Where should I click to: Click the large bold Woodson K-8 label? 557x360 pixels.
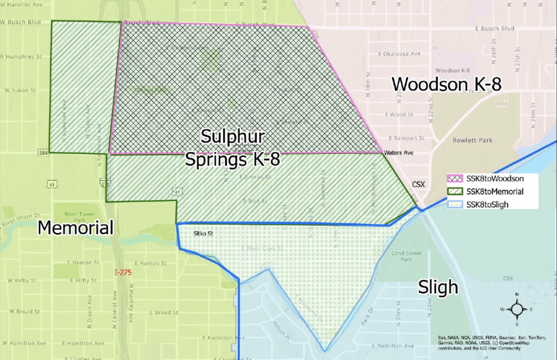(x=446, y=84)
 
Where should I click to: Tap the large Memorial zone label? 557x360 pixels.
(x=75, y=227)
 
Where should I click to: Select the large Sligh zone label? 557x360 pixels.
(x=438, y=287)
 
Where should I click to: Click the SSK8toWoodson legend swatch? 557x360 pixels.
(x=456, y=179)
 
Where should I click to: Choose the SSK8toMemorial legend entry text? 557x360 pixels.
(x=495, y=191)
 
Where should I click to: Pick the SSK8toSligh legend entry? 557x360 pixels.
(x=487, y=204)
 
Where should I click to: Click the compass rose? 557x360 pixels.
(x=517, y=309)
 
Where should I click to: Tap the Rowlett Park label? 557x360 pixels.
(x=472, y=140)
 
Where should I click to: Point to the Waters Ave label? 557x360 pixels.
(x=398, y=153)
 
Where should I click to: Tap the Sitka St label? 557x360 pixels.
(x=202, y=233)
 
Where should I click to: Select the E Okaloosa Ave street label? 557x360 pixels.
(x=399, y=54)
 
